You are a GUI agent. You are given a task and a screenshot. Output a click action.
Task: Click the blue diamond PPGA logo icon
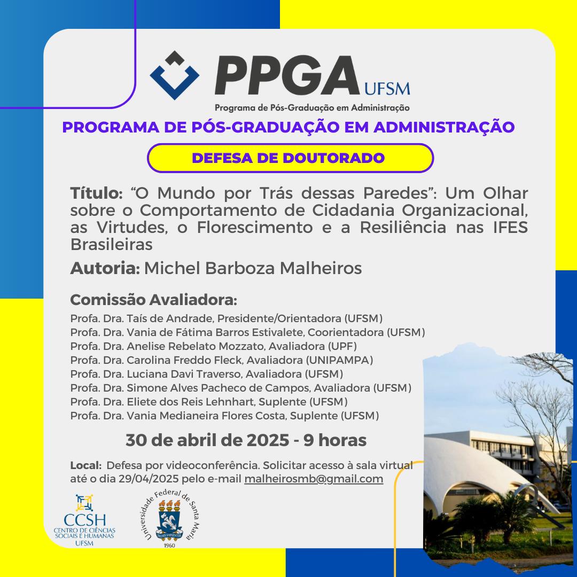[174, 76]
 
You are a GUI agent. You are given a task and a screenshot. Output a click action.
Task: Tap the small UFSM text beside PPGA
[386, 87]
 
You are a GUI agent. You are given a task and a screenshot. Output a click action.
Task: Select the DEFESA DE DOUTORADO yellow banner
[290, 158]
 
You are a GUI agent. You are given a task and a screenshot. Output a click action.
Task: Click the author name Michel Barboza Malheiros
[253, 268]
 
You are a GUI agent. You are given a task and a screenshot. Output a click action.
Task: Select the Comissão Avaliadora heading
[153, 300]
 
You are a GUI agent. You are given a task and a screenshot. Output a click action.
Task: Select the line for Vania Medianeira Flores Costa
[224, 416]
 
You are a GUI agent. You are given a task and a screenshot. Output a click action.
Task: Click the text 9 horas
[335, 441]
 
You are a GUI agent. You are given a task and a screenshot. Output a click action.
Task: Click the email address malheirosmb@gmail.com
[314, 479]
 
